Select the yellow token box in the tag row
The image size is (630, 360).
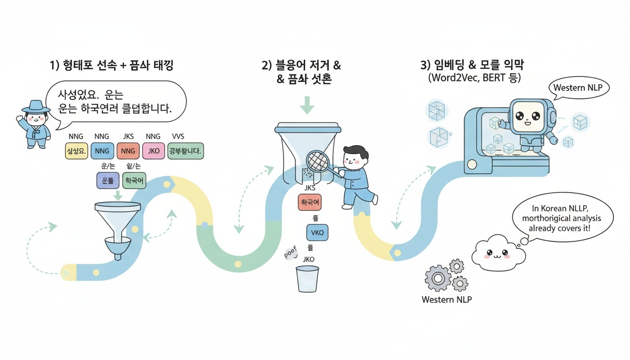(76, 151)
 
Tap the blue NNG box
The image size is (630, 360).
(102, 151)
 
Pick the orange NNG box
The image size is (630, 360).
(127, 151)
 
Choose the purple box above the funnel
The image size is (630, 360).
(107, 180)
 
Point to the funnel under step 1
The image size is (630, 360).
(117, 225)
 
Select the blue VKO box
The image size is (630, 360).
(317, 232)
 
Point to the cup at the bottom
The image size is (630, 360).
(307, 280)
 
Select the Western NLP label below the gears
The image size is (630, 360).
(447, 299)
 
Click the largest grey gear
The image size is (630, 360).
(437, 278)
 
